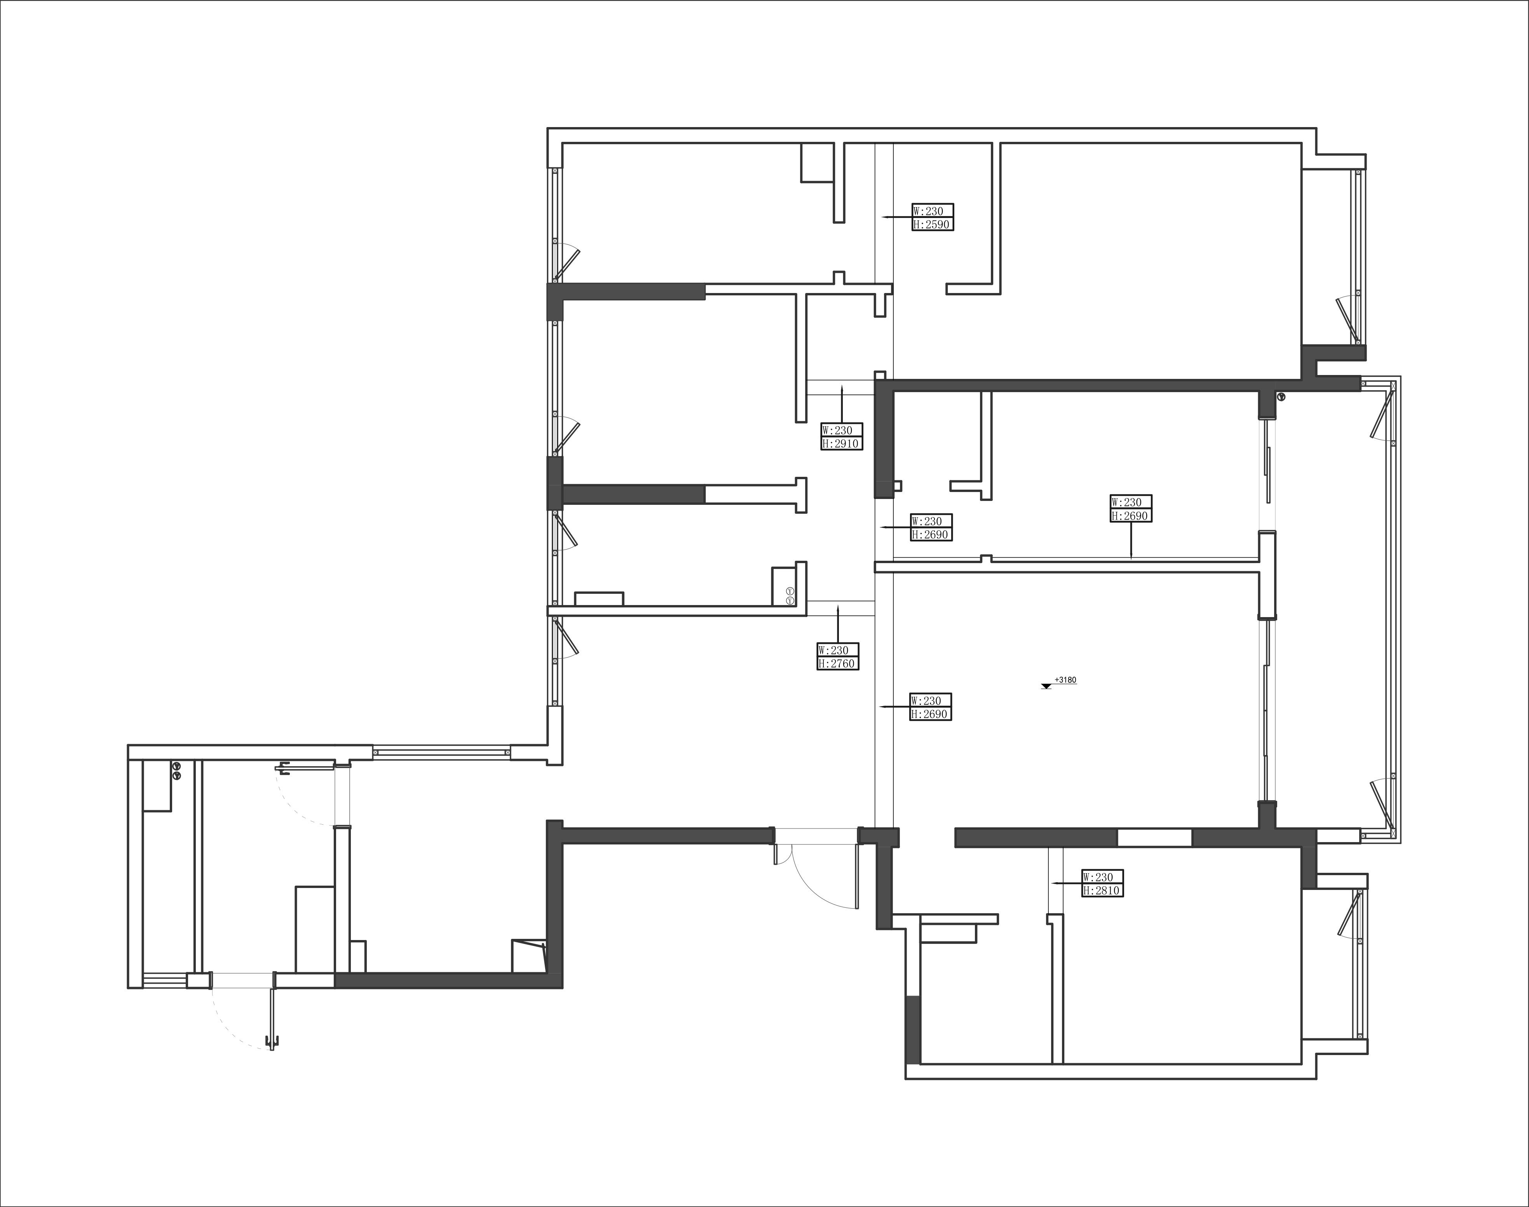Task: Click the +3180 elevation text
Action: pyautogui.click(x=1065, y=680)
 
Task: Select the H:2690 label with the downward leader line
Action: pyautogui.click(x=1130, y=516)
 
